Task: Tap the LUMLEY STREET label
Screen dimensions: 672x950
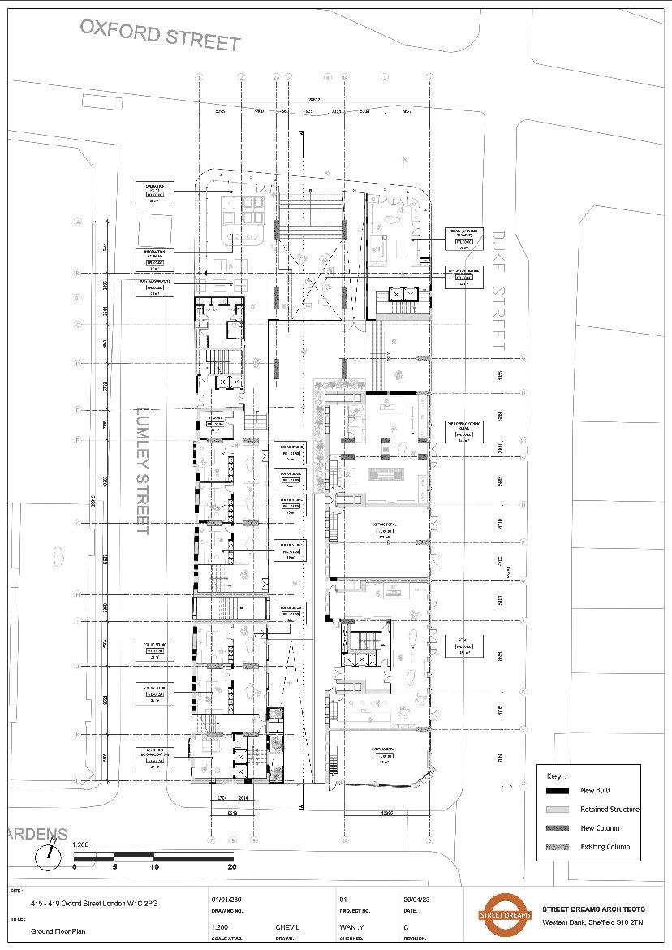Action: coord(142,471)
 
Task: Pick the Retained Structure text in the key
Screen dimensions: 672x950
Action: coord(609,809)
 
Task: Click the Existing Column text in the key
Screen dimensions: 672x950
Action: coord(605,847)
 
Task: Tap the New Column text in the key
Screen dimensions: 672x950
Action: coord(600,828)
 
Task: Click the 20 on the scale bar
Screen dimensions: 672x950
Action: coord(233,866)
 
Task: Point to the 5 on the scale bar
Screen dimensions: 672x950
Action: coord(114,866)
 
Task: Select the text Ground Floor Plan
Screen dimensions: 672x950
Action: coord(58,931)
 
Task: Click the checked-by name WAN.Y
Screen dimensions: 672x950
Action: coord(351,926)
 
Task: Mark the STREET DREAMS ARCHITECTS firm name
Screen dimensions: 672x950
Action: coord(593,909)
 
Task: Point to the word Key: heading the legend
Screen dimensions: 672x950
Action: coord(556,775)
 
